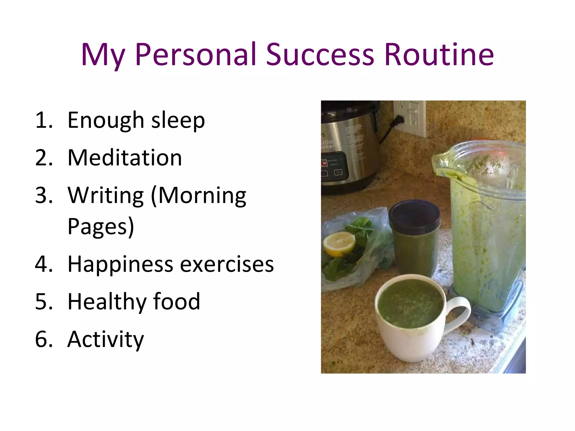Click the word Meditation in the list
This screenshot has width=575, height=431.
click(x=125, y=158)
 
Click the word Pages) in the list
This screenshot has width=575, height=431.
click(x=101, y=227)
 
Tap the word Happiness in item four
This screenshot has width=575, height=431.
click(x=120, y=265)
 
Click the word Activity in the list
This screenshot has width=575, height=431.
click(x=106, y=340)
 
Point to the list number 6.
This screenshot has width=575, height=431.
click(x=44, y=340)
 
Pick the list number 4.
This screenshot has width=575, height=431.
click(x=44, y=265)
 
